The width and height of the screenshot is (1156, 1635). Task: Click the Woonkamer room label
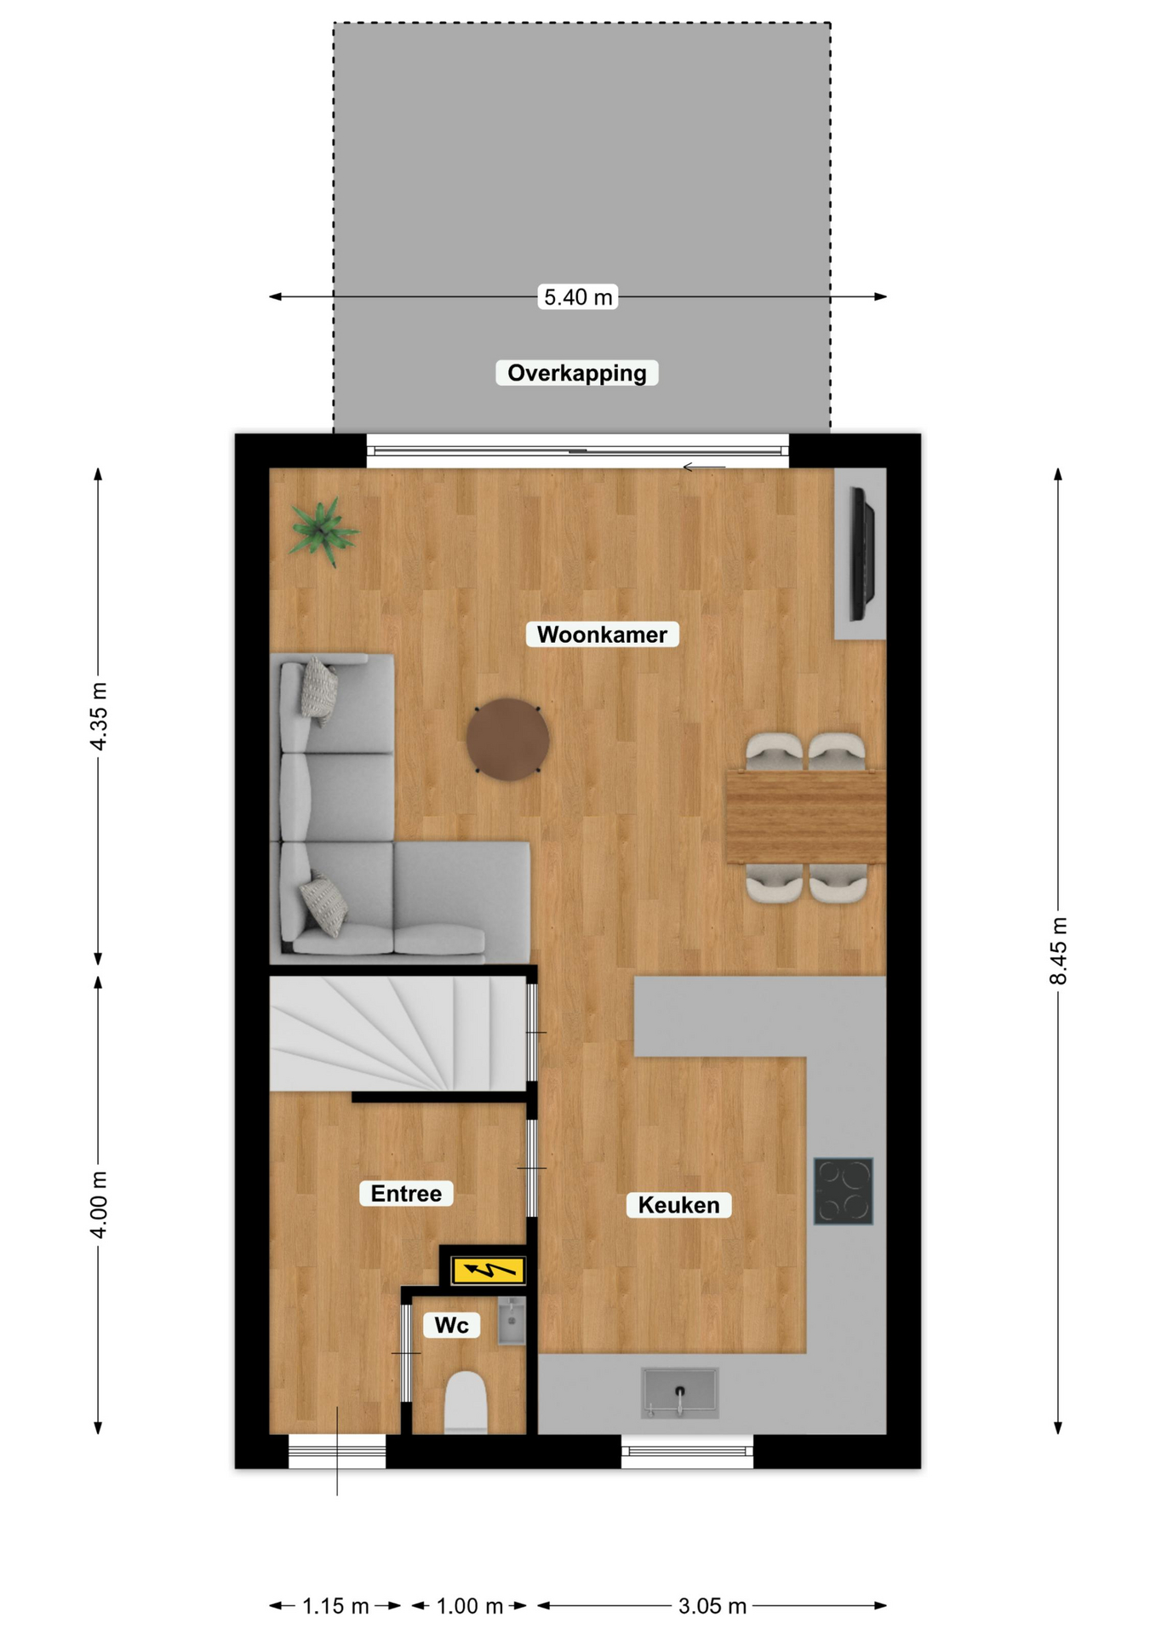click(602, 634)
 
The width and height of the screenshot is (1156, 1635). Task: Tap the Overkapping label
click(577, 373)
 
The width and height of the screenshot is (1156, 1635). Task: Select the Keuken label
click(678, 1205)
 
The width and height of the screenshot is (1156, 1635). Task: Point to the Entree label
click(406, 1193)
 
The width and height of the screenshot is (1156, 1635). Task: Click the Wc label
click(451, 1325)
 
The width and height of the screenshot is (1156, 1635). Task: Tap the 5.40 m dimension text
click(578, 297)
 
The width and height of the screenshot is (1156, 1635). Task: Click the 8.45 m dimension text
click(1058, 950)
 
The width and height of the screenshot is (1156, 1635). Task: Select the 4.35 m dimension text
click(99, 716)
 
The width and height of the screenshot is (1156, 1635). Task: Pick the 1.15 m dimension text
click(335, 1606)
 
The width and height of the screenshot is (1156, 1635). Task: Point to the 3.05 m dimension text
click(712, 1606)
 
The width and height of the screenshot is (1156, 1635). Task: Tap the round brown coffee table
click(507, 739)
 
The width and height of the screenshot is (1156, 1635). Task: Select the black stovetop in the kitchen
click(843, 1190)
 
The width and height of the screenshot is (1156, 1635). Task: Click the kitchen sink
click(679, 1392)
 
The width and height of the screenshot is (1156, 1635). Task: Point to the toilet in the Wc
click(466, 1402)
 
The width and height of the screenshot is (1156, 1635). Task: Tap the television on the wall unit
click(862, 554)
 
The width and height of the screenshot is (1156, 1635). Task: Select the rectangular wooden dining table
click(805, 816)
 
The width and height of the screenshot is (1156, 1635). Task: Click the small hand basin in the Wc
click(512, 1321)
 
